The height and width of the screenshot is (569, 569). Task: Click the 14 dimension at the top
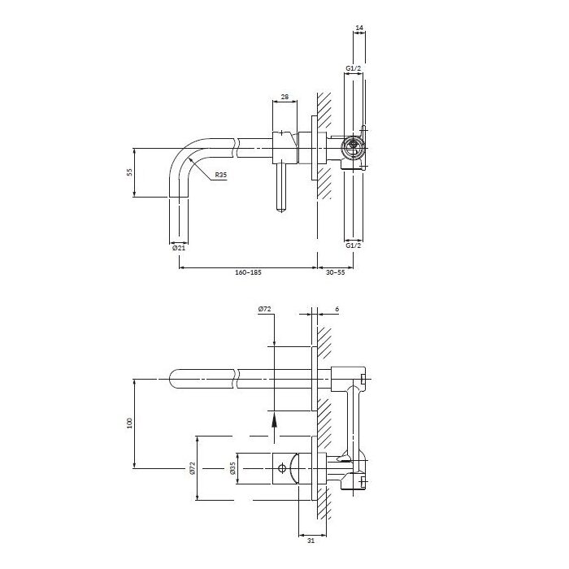359,28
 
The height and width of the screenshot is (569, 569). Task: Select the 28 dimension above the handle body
284,97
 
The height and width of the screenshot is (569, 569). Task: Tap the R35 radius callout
220,175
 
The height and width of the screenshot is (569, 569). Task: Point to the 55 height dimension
129,172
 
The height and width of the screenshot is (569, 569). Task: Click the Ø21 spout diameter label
179,248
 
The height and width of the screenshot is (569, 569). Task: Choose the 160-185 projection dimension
248,272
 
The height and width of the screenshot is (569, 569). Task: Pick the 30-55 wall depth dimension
335,272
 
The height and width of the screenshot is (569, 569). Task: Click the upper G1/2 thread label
354,68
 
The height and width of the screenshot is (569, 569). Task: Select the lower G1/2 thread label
354,245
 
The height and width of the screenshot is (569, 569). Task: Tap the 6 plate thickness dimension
337,309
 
